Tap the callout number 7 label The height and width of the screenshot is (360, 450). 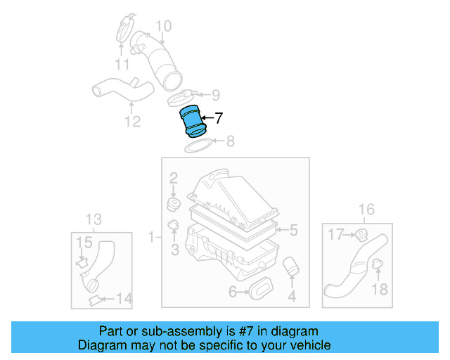coord(219,119)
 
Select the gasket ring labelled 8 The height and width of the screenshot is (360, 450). coord(200,146)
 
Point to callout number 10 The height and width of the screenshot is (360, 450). coord(163,27)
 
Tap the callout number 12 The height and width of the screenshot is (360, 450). coord(133,122)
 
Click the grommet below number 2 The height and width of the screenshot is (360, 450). coord(173,204)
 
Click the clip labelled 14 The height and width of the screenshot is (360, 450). coord(94,301)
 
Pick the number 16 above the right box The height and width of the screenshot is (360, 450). coord(366,209)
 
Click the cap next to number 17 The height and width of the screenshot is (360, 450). coord(361,234)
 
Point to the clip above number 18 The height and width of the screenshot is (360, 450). coord(377,265)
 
